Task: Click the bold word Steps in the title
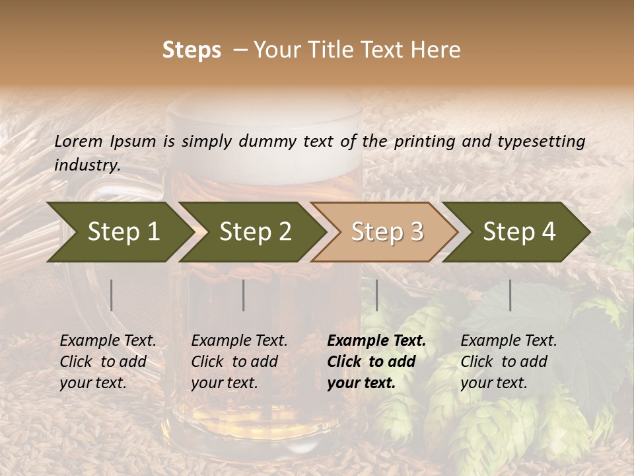(192, 50)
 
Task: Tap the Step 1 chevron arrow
(119, 232)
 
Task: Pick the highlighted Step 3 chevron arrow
(384, 232)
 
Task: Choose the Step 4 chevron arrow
(516, 232)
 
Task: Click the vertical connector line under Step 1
(112, 295)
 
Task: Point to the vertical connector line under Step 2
(244, 295)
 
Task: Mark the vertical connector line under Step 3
(377, 295)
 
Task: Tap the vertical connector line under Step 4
(511, 295)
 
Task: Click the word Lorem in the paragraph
(79, 141)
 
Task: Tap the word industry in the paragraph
(87, 165)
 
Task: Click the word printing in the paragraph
(426, 141)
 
